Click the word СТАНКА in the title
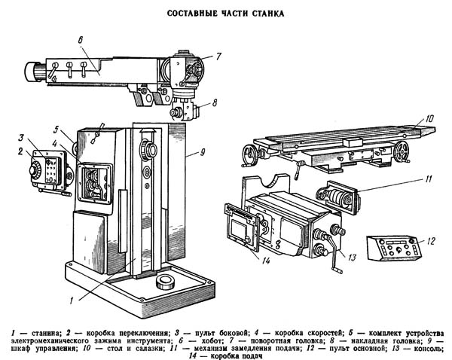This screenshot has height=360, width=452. (269, 14)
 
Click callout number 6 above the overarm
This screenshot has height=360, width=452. (81, 40)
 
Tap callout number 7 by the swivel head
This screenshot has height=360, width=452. (218, 56)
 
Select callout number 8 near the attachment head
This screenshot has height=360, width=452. (215, 103)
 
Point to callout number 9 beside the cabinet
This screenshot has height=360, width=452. (203, 152)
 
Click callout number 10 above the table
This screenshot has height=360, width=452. (429, 118)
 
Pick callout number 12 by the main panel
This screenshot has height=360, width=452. (430, 241)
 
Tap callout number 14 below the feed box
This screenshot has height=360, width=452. (265, 261)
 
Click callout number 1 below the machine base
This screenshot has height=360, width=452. (72, 301)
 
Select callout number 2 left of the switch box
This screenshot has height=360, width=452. (20, 151)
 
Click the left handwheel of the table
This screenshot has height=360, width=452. (248, 155)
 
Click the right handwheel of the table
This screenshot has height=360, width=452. (402, 151)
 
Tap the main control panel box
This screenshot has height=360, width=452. (394, 248)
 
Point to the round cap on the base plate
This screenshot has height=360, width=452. (166, 282)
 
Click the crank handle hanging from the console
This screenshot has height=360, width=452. (334, 254)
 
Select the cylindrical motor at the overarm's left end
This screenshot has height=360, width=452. (35, 72)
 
